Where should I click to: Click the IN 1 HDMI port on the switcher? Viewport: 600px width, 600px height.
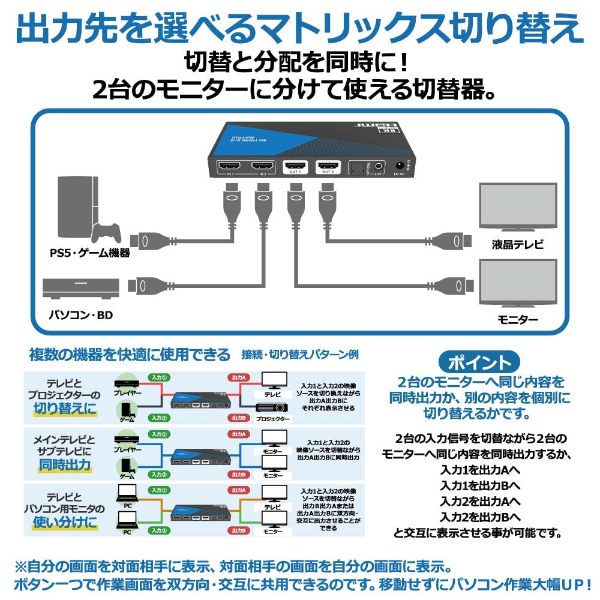pos(230,166)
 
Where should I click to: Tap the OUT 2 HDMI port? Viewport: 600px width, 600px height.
pos(328,166)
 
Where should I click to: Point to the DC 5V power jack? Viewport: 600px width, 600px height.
pos(398,166)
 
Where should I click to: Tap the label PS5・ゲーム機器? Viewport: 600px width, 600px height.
pos(90,253)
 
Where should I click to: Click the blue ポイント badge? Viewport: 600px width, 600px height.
pos(479,362)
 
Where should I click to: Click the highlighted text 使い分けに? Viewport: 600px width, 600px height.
pos(65,523)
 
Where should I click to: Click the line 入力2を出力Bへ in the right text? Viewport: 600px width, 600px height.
pos(480,517)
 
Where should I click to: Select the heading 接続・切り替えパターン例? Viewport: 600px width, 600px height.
pos(299,354)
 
